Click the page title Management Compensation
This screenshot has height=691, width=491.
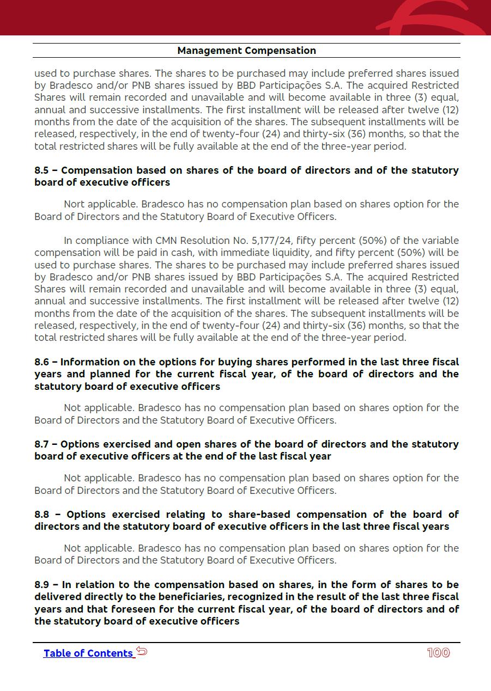pyautogui.click(x=246, y=51)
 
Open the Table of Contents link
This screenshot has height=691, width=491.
pyautogui.click(x=88, y=653)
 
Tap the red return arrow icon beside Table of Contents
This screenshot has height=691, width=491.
pyautogui.click(x=142, y=651)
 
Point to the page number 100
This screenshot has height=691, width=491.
pyautogui.click(x=438, y=653)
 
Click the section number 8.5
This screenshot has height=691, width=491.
pyautogui.click(x=41, y=170)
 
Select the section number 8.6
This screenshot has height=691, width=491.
pyautogui.click(x=41, y=362)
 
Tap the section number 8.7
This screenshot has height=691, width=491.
pyautogui.click(x=41, y=444)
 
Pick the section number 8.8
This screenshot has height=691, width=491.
pyautogui.click(x=41, y=515)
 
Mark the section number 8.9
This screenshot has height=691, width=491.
pyautogui.click(x=41, y=585)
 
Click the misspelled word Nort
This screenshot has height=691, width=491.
pyautogui.click(x=74, y=204)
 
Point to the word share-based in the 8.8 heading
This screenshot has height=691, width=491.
pyautogui.click(x=259, y=515)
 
